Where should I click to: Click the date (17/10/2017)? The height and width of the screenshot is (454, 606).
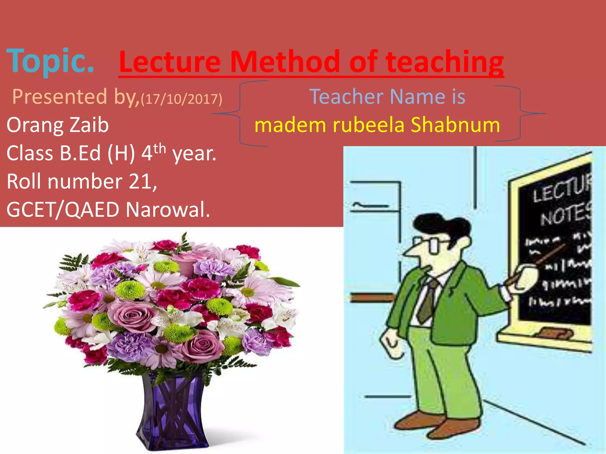click(181, 99)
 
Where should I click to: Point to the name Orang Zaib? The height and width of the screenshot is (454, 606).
click(58, 125)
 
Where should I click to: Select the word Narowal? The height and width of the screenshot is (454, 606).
click(167, 210)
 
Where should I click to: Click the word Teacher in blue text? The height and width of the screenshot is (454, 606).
click(346, 97)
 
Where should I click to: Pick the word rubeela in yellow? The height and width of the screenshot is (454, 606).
click(368, 125)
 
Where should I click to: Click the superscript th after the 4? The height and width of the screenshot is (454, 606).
click(160, 148)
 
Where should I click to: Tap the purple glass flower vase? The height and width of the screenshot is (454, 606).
click(172, 411)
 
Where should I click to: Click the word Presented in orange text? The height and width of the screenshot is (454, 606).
click(59, 97)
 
